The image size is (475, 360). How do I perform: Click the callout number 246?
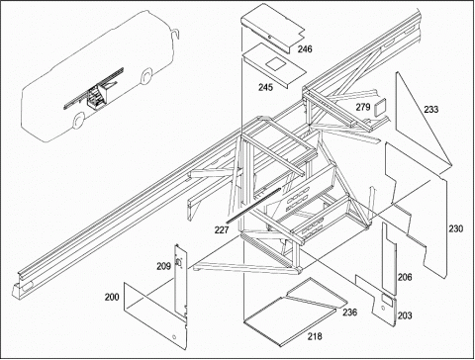[305, 49]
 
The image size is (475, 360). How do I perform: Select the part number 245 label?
[265, 87]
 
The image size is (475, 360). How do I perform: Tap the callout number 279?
[363, 107]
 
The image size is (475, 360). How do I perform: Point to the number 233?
[431, 109]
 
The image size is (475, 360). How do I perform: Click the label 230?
[455, 228]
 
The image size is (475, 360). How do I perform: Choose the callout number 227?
[222, 229]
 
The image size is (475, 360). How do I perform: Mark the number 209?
[163, 266]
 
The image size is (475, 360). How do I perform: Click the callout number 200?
[112, 297]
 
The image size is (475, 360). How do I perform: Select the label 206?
[405, 277]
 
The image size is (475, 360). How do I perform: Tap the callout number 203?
[405, 315]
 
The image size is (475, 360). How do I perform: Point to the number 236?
[349, 312]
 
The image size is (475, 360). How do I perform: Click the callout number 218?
[315, 336]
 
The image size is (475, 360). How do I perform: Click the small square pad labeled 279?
[379, 107]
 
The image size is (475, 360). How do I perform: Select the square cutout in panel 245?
[275, 64]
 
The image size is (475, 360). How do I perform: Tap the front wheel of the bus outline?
[145, 76]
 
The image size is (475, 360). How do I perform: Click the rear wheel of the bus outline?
[78, 121]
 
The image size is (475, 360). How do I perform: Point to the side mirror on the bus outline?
[175, 33]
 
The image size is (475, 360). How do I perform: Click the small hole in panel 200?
[174, 337]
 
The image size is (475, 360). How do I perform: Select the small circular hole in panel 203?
[382, 309]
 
